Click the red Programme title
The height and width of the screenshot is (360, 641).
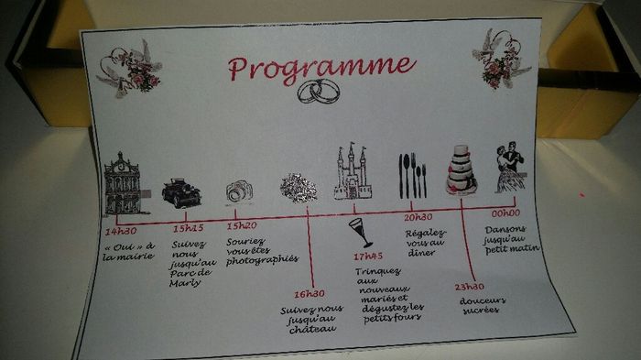coord(321,68)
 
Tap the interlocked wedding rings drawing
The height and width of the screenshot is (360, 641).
coord(319,92)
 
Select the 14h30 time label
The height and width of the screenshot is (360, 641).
coord(121,232)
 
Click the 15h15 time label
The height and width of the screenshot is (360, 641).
coord(188,228)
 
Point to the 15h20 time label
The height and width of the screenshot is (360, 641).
coord(242,226)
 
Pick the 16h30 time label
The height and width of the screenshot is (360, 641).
coord(310,294)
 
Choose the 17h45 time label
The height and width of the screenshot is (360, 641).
coord(368,256)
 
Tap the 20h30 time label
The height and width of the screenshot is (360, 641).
coord(418,217)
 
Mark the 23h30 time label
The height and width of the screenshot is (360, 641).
coord(469,287)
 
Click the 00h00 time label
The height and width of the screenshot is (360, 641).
coord(505,213)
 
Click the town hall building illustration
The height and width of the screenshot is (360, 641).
coord(125,184)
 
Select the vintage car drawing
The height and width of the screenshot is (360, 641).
coord(181,192)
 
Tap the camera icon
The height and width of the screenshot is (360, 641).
coord(240,191)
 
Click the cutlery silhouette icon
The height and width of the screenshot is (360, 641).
coord(412,176)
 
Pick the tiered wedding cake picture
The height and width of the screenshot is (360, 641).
coord(462,169)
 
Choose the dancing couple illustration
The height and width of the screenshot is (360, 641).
coord(509,168)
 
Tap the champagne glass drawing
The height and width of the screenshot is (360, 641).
coord(361,233)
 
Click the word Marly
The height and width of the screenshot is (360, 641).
coord(186,283)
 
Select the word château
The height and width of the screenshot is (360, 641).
coord(313,329)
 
